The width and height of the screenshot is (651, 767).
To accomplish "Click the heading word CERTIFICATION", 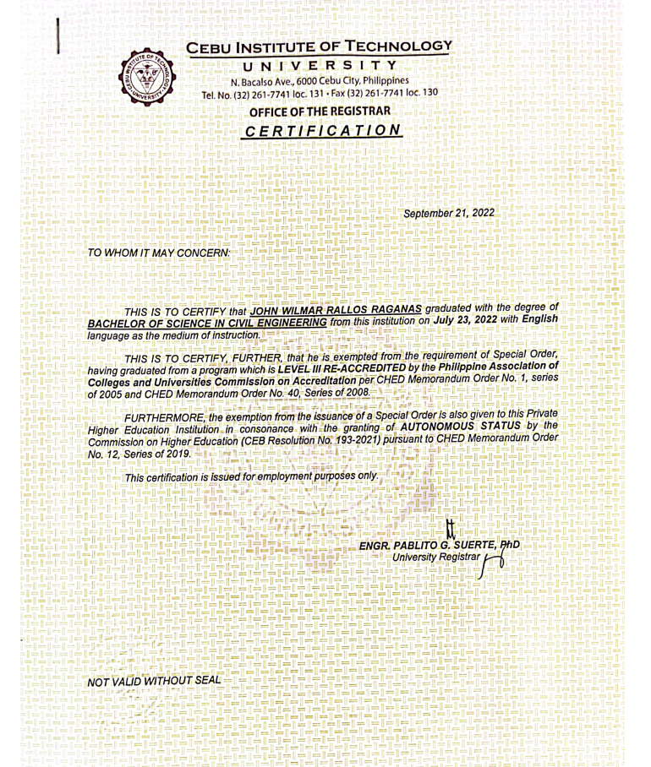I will [320, 132].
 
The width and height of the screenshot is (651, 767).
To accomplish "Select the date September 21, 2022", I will [449, 212].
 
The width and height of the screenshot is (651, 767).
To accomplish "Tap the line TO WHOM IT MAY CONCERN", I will [157, 252].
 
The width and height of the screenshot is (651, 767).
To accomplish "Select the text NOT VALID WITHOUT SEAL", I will [153, 681].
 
